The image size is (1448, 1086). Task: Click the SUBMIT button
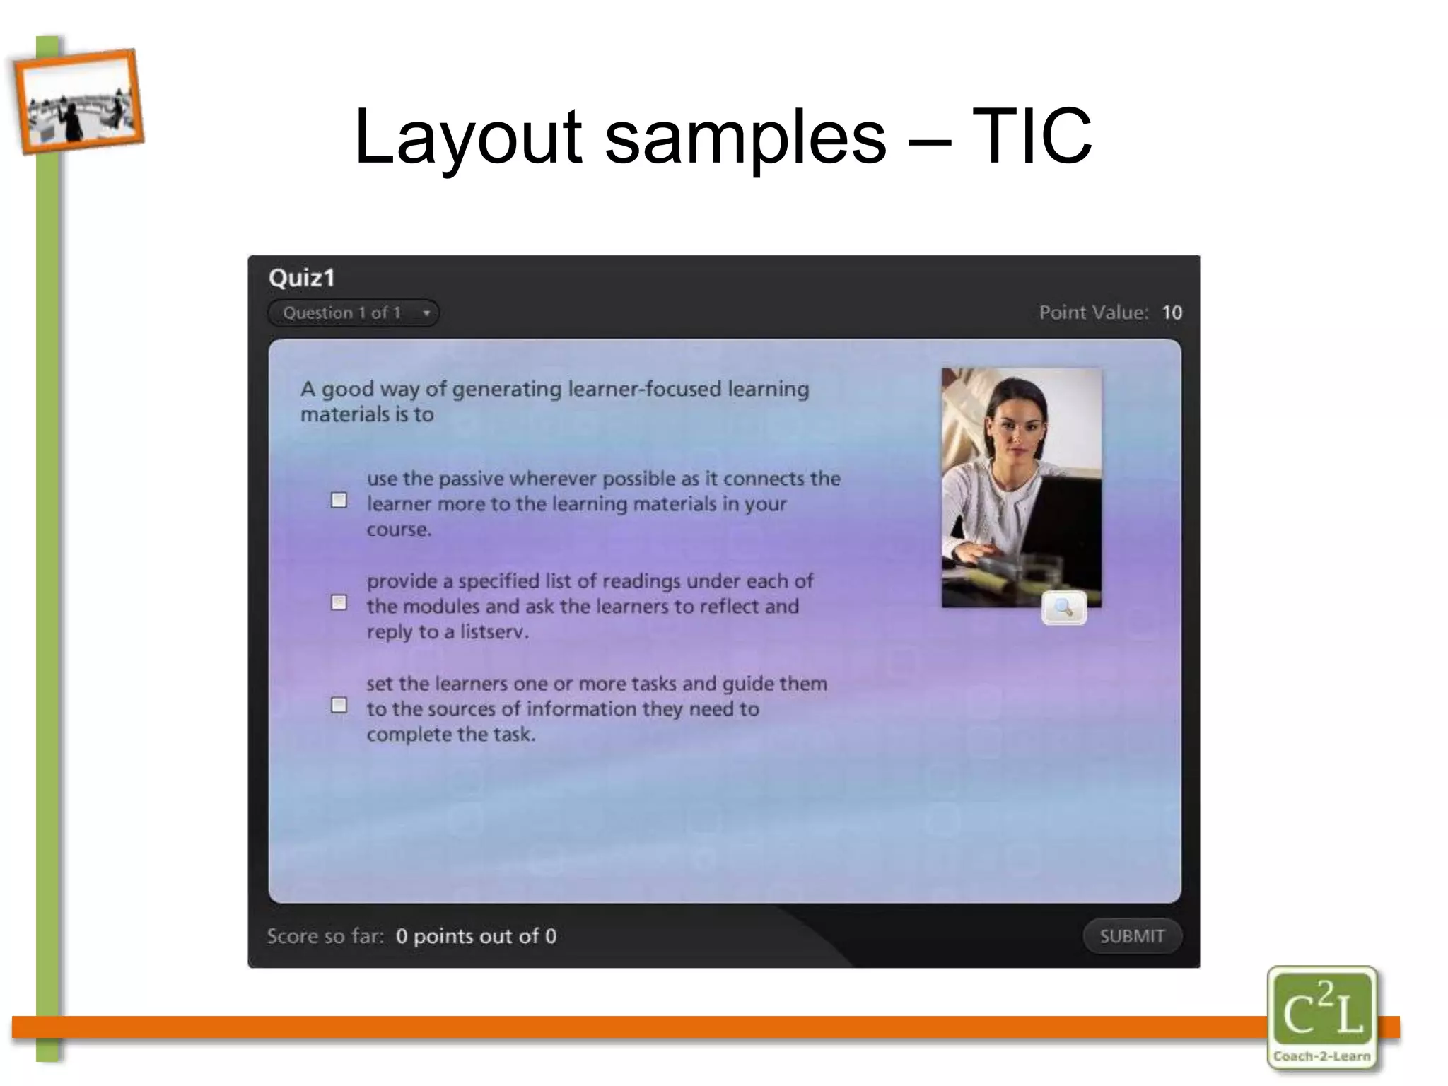[1132, 936]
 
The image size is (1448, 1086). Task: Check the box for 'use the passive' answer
[339, 501]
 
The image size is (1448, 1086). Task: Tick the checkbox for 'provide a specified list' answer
[339, 603]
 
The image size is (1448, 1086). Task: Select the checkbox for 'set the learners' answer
[339, 706]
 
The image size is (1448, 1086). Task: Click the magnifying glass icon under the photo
[1063, 608]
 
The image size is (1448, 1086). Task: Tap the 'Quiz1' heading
[302, 278]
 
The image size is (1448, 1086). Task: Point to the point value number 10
[1172, 313]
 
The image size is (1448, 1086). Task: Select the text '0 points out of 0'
[476, 936]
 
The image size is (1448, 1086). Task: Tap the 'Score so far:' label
[325, 936]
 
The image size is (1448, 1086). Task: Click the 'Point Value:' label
[1093, 313]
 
